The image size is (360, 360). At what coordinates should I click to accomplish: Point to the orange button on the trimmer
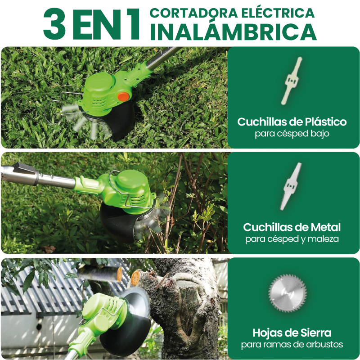coord(123,96)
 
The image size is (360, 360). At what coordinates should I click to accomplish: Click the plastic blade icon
coord(292,81)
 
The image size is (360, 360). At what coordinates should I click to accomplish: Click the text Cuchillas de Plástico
coord(292,121)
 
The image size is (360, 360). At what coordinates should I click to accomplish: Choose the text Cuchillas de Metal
coord(292,227)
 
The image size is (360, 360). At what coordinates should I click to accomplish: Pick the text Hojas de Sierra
coord(292,333)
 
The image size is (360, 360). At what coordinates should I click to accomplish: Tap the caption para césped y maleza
coord(292,239)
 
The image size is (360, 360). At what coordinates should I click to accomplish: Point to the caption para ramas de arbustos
coord(292,345)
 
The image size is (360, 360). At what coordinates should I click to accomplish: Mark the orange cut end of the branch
coord(135,278)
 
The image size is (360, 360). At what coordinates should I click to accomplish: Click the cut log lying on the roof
coord(101,273)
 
